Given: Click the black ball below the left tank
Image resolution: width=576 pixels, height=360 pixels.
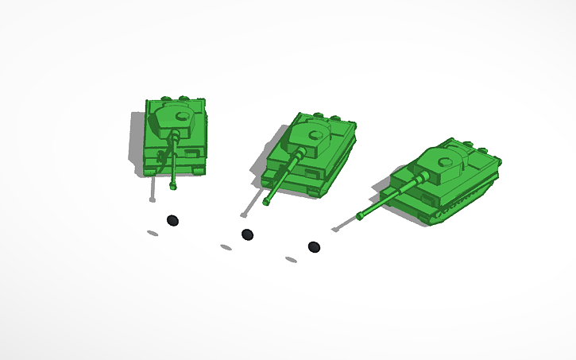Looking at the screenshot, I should pyautogui.click(x=172, y=220).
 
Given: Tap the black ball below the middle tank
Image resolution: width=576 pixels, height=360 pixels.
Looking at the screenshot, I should pyautogui.click(x=247, y=234).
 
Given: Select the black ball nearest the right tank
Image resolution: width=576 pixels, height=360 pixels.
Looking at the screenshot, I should pyautogui.click(x=314, y=247).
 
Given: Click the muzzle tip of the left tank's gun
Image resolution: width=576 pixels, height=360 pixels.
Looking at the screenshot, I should pyautogui.click(x=172, y=188).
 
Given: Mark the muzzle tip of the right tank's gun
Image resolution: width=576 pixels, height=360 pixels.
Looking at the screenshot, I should pyautogui.click(x=360, y=216).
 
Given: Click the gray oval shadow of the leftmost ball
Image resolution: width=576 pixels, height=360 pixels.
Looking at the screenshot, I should pyautogui.click(x=152, y=233).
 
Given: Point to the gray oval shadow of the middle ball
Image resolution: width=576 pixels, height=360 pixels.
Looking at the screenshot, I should pyautogui.click(x=226, y=247).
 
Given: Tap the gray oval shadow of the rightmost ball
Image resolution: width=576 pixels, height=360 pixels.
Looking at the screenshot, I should pyautogui.click(x=292, y=260).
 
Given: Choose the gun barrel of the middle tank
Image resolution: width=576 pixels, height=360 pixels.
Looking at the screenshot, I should pyautogui.click(x=284, y=172).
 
